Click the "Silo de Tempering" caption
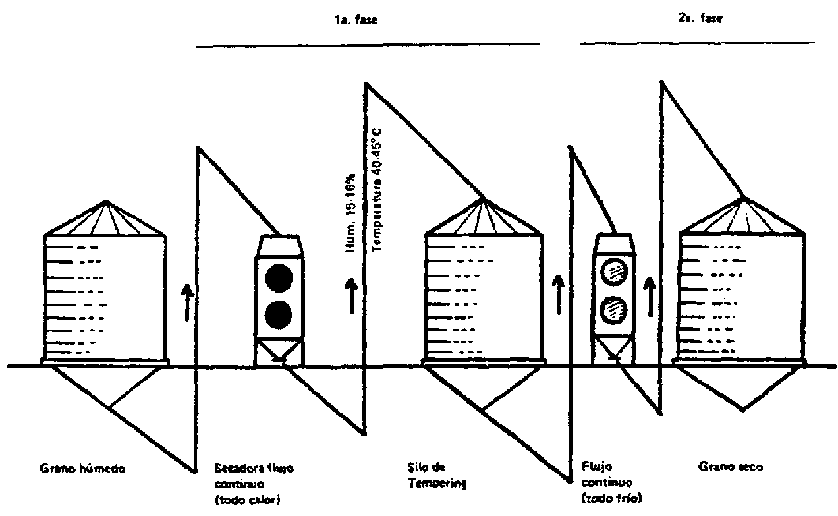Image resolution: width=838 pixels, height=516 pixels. [437, 476]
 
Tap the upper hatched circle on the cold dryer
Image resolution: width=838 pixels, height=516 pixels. [615, 271]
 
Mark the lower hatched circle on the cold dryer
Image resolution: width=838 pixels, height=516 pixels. [615, 308]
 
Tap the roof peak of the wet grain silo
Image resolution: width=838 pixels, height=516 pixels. [104, 202]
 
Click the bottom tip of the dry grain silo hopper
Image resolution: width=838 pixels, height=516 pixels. [743, 410]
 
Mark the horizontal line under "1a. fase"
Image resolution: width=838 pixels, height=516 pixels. [368, 43]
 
